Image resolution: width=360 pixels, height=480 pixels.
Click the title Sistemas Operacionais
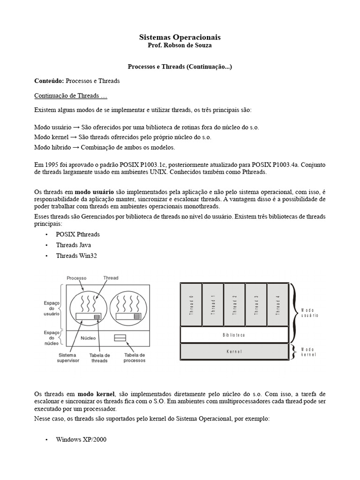point(180,37)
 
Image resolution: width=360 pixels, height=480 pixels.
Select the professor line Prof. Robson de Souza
point(180,45)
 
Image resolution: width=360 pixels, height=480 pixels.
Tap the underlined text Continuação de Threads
point(71,96)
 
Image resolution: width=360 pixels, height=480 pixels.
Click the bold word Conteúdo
point(49,81)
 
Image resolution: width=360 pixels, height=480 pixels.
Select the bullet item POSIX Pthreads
point(77,234)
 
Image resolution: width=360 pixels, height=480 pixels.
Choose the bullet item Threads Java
point(73,245)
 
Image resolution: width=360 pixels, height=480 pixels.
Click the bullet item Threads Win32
point(76,255)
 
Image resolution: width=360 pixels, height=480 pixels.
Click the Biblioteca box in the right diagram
point(234,335)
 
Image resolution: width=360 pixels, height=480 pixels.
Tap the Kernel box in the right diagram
point(234,351)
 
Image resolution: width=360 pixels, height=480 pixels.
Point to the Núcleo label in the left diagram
point(88,338)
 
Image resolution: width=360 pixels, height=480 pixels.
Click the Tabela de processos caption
point(135,358)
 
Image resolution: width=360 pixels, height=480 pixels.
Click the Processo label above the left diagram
point(76,277)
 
